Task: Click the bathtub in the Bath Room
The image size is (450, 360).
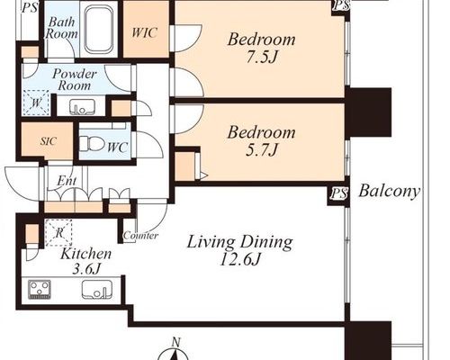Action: pyautogui.click(x=99, y=29)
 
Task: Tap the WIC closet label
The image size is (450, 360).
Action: pyautogui.click(x=145, y=32)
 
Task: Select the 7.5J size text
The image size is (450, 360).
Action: pyautogui.click(x=261, y=57)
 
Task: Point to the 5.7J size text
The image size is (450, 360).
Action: pyautogui.click(x=261, y=149)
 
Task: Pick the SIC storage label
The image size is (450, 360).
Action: pyautogui.click(x=49, y=140)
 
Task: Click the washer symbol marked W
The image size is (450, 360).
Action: pyautogui.click(x=36, y=103)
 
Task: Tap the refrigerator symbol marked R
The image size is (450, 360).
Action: pyautogui.click(x=58, y=232)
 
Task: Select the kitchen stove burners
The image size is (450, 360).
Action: pyautogui.click(x=40, y=290)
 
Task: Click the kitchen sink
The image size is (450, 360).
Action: pyautogui.click(x=97, y=290)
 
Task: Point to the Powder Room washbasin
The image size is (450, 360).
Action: pyautogui.click(x=82, y=107)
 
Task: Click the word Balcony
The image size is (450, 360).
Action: pyautogui.click(x=389, y=192)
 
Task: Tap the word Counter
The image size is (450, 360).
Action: pyautogui.click(x=140, y=236)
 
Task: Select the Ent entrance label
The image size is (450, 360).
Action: pyautogui.click(x=67, y=181)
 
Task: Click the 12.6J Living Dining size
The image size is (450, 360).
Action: pyautogui.click(x=239, y=260)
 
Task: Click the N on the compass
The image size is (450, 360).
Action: pyautogui.click(x=176, y=341)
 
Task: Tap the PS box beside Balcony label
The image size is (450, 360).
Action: pyautogui.click(x=339, y=194)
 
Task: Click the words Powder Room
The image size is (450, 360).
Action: pyautogui.click(x=74, y=80)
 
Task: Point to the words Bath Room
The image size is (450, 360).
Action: pyautogui.click(x=61, y=28)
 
